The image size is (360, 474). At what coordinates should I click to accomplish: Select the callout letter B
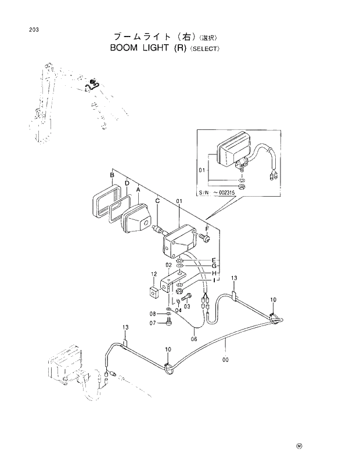(x=111, y=175)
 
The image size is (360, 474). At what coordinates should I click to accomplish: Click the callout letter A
(x=138, y=190)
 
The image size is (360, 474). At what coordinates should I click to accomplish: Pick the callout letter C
(x=157, y=201)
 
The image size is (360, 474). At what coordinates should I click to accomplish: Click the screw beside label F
(x=204, y=237)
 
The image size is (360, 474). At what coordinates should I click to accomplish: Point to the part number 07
(x=154, y=323)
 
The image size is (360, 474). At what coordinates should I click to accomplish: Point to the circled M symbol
(x=300, y=446)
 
